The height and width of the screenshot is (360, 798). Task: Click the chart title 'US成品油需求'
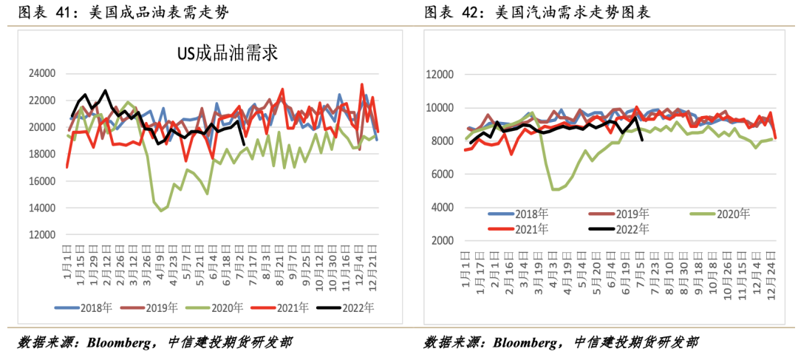pos(225,53)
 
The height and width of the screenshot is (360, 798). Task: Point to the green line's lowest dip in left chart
pos(161,211)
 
